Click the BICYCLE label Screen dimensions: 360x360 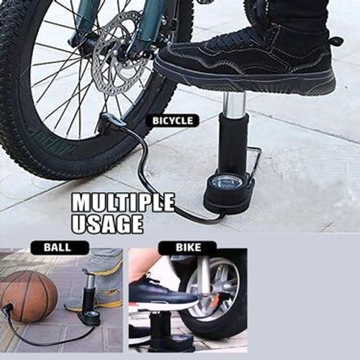pyautogui.click(x=172, y=120)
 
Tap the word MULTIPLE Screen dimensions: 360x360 pyautogui.click(x=122, y=202)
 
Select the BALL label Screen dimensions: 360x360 pyautogui.click(x=56, y=247)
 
